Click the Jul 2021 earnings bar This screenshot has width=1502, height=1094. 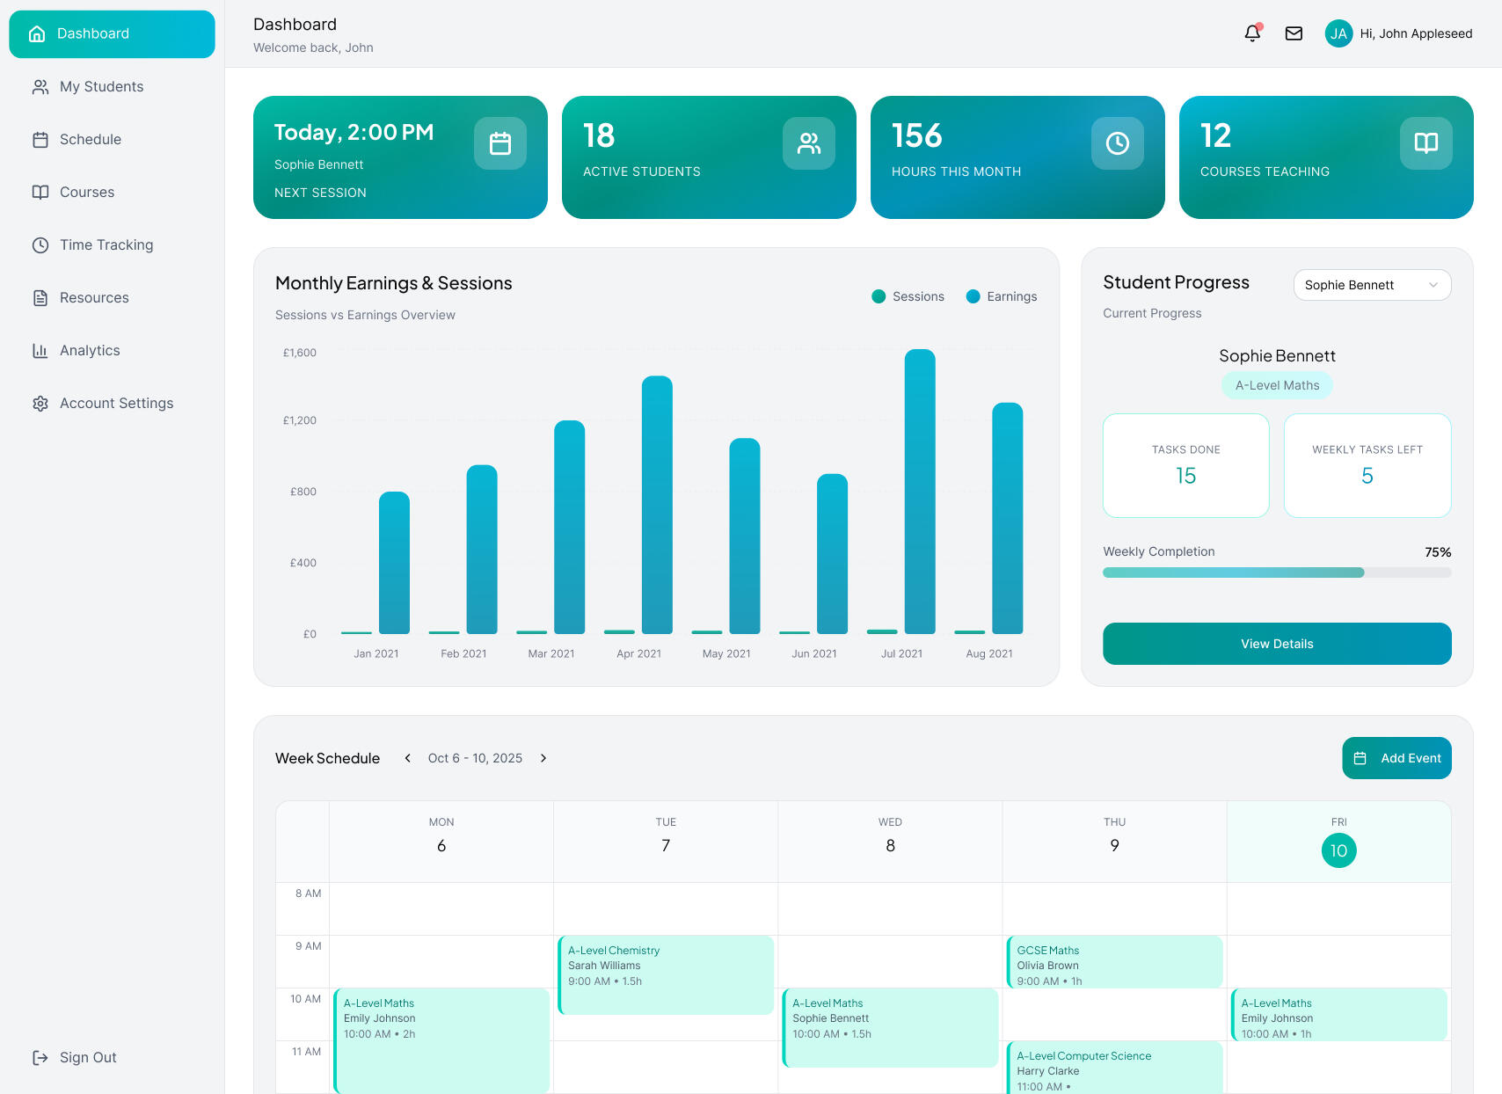pyautogui.click(x=919, y=491)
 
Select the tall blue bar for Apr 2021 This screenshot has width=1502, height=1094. pyautogui.click(x=656, y=505)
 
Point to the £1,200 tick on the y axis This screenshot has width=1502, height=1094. pyautogui.click(x=299, y=420)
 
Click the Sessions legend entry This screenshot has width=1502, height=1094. pyautogui.click(x=908, y=296)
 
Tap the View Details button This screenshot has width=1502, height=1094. pyautogui.click(x=1277, y=644)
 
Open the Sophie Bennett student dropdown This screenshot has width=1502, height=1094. pyautogui.click(x=1372, y=285)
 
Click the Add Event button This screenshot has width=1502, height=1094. pyautogui.click(x=1396, y=758)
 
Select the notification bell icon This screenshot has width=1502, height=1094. pyautogui.click(x=1252, y=33)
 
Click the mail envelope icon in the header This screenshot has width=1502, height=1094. pyautogui.click(x=1294, y=33)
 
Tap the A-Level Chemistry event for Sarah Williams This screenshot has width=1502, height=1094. pyautogui.click(x=666, y=974)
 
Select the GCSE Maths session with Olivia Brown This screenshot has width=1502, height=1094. pyautogui.click(x=1114, y=962)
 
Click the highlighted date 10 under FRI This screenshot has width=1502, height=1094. pyautogui.click(x=1338, y=850)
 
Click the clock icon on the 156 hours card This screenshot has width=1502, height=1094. pyautogui.click(x=1117, y=142)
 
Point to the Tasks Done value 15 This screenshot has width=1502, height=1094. pyautogui.click(x=1185, y=476)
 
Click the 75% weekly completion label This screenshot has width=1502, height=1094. pyautogui.click(x=1438, y=552)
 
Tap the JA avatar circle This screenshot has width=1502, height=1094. pyautogui.click(x=1338, y=33)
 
